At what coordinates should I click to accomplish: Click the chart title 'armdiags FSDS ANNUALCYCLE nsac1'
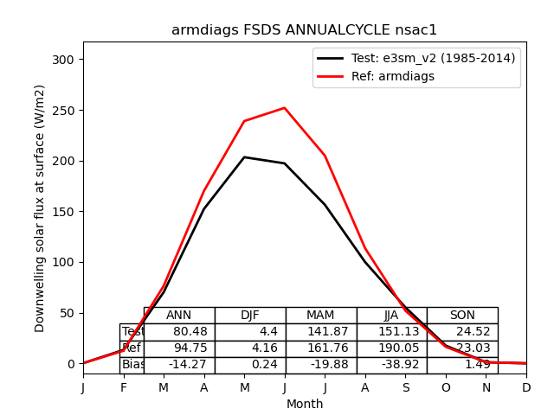[304, 30]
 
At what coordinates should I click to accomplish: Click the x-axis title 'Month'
[305, 404]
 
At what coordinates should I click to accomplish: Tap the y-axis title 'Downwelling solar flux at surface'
[40, 207]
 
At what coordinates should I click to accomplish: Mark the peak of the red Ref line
[285, 108]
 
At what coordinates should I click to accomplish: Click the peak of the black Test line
[244, 157]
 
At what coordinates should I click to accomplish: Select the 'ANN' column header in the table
[179, 316]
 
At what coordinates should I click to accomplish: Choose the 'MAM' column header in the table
[320, 316]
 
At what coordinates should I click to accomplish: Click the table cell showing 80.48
[179, 332]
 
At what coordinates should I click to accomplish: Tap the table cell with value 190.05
[391, 348]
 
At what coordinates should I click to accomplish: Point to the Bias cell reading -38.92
[391, 365]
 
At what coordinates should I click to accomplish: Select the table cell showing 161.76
[320, 348]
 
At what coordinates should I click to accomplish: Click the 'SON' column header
[462, 316]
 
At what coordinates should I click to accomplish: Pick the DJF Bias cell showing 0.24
[250, 365]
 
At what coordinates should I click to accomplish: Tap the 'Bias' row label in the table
[132, 365]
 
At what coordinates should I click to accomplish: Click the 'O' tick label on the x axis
[446, 388]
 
